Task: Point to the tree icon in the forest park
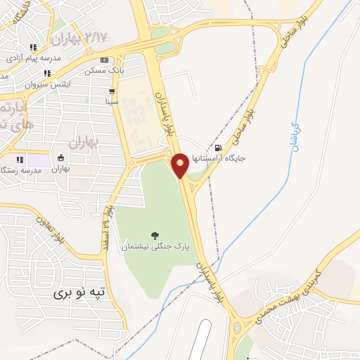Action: click(x=155, y=235)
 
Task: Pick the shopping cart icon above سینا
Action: click(x=112, y=91)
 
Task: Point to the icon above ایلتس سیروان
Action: click(x=47, y=73)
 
